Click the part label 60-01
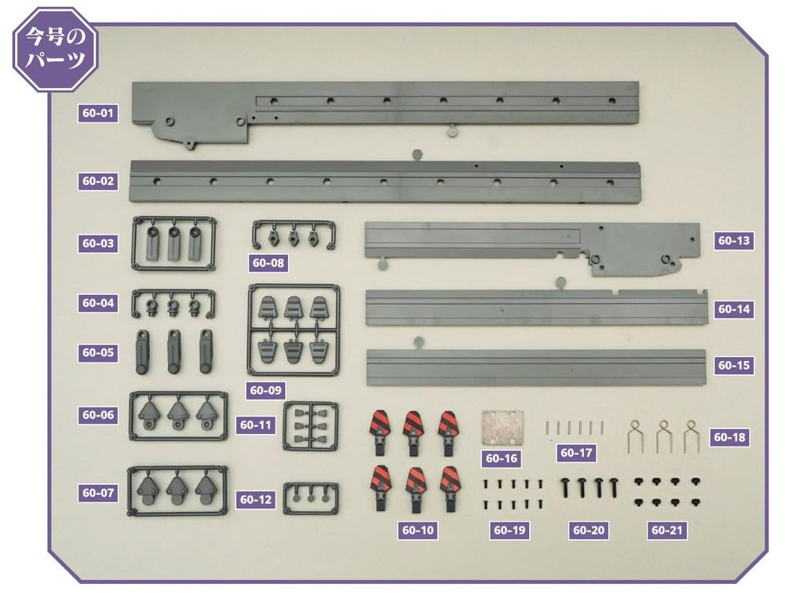[98, 113]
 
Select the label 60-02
[98, 181]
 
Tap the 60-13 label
[734, 241]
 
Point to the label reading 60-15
[734, 365]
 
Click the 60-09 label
[267, 389]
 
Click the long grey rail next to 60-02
[385, 180]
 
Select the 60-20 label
[589, 530]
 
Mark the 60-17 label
[576, 453]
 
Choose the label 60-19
[509, 530]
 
